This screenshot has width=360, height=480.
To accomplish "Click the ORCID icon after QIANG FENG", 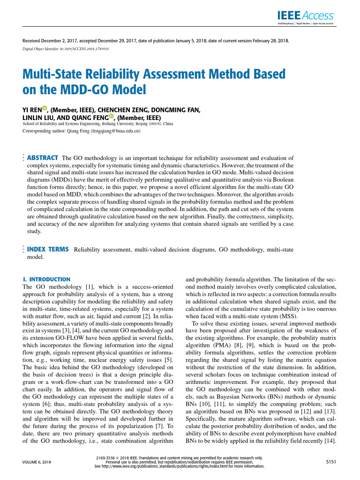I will click(x=112, y=116).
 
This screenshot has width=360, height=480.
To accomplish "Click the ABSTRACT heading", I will click(x=43, y=158).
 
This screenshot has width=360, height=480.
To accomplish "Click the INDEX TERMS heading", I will click(x=48, y=249).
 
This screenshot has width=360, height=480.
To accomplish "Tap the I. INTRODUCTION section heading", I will click(x=46, y=279).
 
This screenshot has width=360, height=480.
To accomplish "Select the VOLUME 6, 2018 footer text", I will click(x=37, y=462).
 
